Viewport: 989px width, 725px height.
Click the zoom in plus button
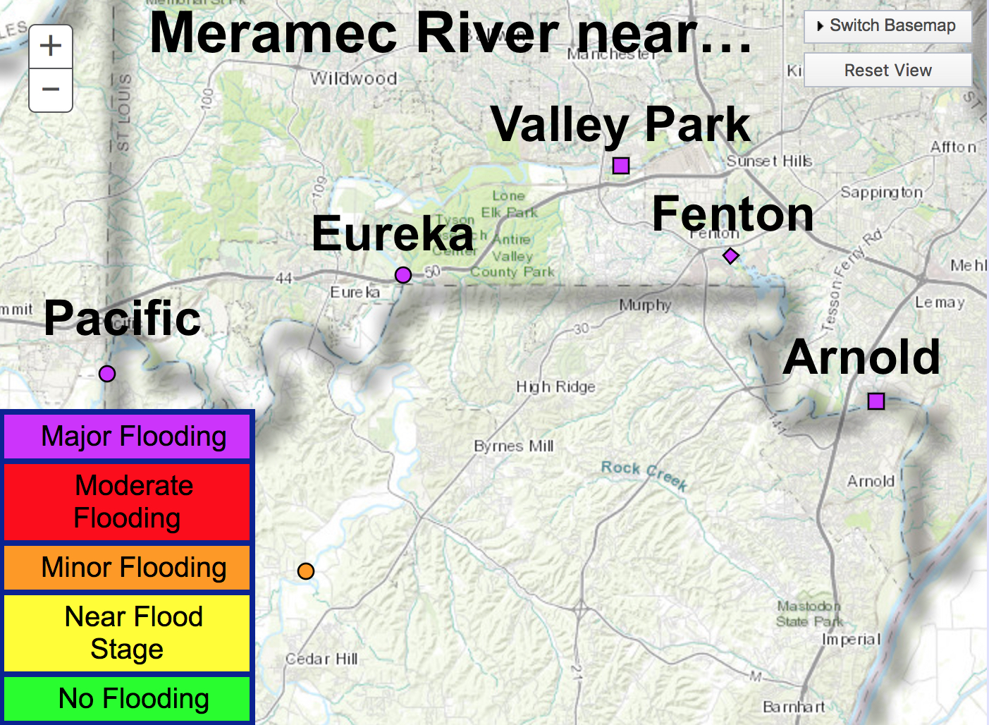tap(51, 47)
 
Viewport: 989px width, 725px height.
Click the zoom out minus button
tap(51, 90)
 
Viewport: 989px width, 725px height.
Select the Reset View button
tap(887, 71)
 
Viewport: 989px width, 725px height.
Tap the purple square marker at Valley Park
tap(621, 166)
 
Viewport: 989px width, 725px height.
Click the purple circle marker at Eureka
tap(403, 274)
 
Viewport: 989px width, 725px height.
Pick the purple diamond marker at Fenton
tap(731, 256)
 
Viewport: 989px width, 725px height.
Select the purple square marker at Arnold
tap(876, 401)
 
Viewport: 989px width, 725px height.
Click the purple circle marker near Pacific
tap(107, 374)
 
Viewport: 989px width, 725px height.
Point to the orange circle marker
tap(305, 571)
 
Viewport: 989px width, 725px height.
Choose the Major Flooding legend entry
tap(128, 437)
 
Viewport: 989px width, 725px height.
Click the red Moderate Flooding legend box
tap(128, 501)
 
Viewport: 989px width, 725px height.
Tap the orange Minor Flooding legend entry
tap(128, 568)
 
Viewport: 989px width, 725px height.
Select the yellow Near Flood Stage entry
tap(128, 633)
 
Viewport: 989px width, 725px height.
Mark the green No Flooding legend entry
tap(128, 699)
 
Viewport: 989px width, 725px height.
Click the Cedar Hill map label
tap(321, 659)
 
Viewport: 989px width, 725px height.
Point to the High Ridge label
tap(555, 386)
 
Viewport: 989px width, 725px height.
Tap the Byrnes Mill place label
tap(514, 446)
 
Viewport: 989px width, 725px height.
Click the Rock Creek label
tap(644, 474)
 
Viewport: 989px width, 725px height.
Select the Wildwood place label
tap(354, 78)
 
